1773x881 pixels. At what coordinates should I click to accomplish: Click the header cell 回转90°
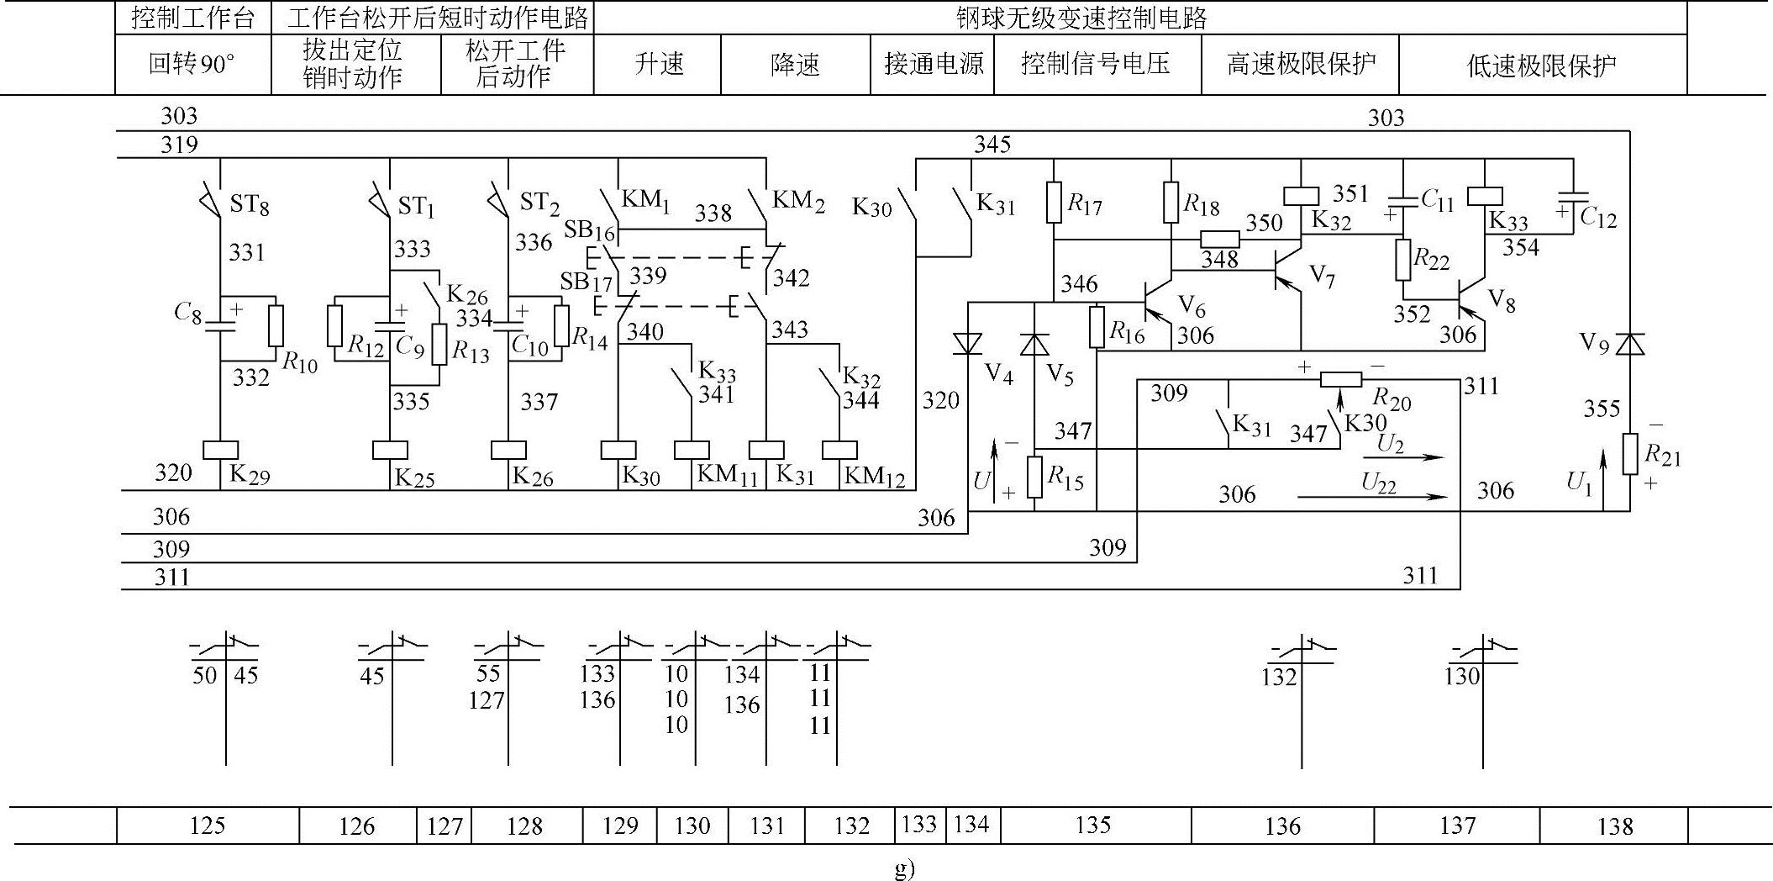(x=192, y=64)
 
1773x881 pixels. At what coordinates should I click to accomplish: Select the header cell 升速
(x=658, y=64)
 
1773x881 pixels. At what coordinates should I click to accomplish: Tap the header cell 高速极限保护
(x=1300, y=64)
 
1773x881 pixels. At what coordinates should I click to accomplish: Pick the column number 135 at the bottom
(x=1093, y=826)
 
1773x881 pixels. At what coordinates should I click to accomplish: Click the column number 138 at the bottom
(x=1615, y=826)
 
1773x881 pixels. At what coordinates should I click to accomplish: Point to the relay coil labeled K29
(x=221, y=450)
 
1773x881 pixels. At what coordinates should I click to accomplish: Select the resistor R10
(x=275, y=326)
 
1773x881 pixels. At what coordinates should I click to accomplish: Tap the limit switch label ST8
(x=250, y=204)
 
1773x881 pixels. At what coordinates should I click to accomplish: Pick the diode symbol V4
(x=968, y=344)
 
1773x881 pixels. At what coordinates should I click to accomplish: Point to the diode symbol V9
(x=1630, y=343)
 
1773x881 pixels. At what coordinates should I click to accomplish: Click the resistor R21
(x=1630, y=453)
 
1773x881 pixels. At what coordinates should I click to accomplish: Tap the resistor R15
(x=1035, y=477)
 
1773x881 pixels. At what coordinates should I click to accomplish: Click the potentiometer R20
(x=1340, y=379)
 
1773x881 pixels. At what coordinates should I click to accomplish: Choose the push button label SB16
(x=590, y=229)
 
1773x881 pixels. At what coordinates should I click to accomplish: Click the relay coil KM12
(x=839, y=450)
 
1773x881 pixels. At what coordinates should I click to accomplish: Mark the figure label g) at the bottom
(x=904, y=868)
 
